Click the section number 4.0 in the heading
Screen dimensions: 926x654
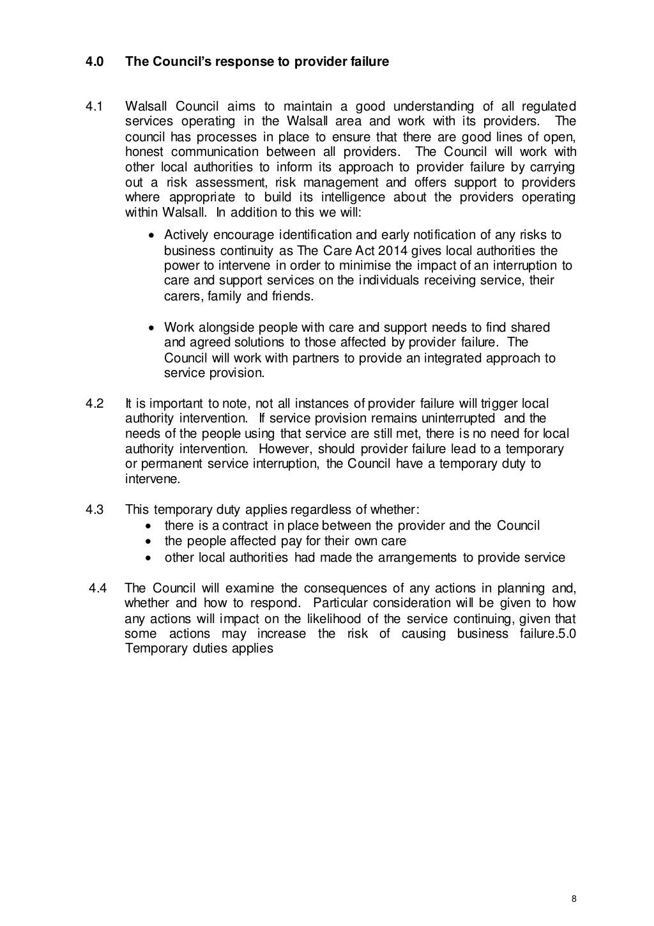click(95, 62)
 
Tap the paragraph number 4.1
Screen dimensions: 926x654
click(95, 106)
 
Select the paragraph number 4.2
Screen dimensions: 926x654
click(95, 403)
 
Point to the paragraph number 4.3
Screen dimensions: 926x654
click(95, 510)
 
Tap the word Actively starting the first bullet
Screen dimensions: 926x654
click(186, 235)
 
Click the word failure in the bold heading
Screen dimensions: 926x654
click(369, 62)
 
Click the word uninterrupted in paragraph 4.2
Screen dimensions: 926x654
click(448, 419)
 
